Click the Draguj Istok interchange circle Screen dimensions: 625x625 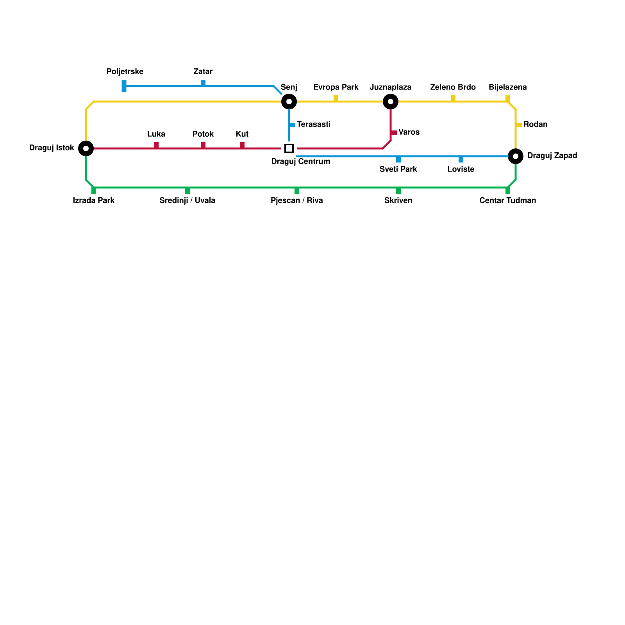click(x=86, y=148)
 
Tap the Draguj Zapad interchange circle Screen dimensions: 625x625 click(x=516, y=156)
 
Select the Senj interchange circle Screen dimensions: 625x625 click(x=289, y=102)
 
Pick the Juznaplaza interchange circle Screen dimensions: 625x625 click(x=391, y=102)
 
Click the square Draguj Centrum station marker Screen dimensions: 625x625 click(x=289, y=148)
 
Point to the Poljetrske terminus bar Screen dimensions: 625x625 click(x=124, y=86)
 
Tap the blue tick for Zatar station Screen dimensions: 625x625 click(x=203, y=83)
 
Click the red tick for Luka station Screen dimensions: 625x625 click(x=156, y=145)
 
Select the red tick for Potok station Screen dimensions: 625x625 click(x=203, y=145)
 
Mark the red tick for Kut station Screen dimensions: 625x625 click(x=242, y=145)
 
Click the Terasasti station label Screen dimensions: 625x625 click(x=314, y=125)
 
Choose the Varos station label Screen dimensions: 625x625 click(x=409, y=132)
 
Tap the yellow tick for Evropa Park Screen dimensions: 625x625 click(x=336, y=98)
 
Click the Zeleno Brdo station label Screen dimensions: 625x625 click(x=453, y=87)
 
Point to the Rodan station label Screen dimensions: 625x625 click(x=535, y=125)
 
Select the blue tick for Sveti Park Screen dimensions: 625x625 click(x=398, y=159)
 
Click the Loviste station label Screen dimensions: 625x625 click(x=461, y=170)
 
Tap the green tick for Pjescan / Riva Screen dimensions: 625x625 click(x=297, y=191)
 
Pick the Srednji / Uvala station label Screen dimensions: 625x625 click(x=187, y=201)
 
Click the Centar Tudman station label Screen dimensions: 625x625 click(x=508, y=201)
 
